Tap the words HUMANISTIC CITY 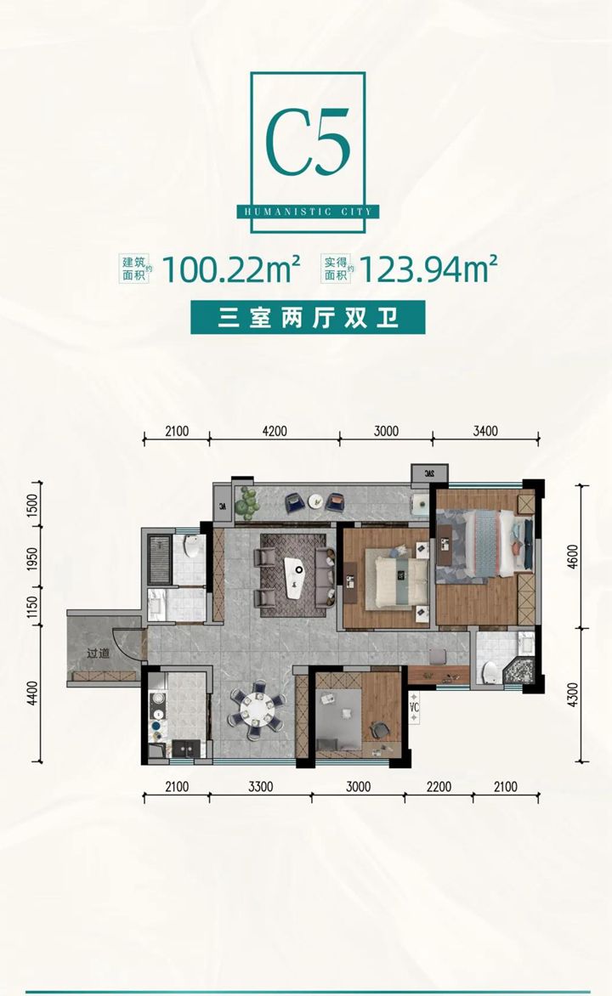coord(309,212)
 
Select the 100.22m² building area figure coord(232,269)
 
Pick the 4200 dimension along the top coord(275,432)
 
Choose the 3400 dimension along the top coord(485,432)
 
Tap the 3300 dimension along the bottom coord(261,787)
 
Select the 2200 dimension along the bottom coord(439,787)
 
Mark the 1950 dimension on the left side coord(32,559)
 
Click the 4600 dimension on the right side coord(573,557)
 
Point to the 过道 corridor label coord(99,653)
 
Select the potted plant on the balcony coord(247,502)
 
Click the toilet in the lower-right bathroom coord(490,672)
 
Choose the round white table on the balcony coord(316,501)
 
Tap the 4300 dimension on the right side coord(573,695)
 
